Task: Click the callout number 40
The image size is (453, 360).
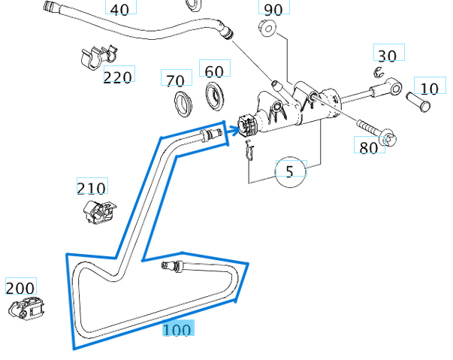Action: click(120, 8)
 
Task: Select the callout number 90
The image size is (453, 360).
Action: click(273, 9)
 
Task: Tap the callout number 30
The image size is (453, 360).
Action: click(387, 55)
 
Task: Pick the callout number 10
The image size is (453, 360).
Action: click(429, 88)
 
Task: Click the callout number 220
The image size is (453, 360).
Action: click(118, 76)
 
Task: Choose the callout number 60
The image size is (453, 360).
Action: click(214, 71)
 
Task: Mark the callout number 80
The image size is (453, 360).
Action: click(368, 147)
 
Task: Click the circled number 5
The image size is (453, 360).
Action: click(291, 171)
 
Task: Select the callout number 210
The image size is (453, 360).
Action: click(92, 187)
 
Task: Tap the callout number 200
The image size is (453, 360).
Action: click(20, 287)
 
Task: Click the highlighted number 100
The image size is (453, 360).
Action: click(177, 329)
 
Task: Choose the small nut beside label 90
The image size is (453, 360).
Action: click(267, 29)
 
